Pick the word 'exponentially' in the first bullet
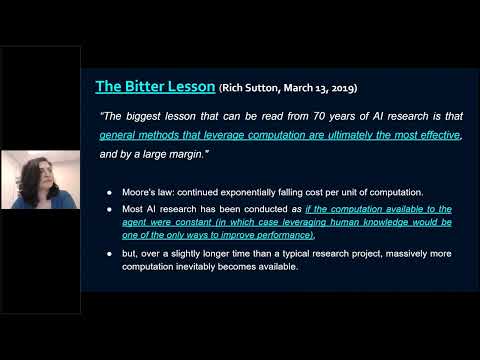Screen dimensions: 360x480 click(256, 190)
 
